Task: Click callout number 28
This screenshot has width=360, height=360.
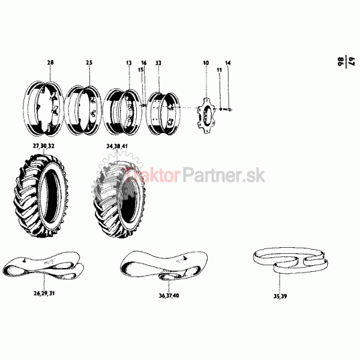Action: coord(50,62)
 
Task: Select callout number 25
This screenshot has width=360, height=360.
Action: coord(89,62)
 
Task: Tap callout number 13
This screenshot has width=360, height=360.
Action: coord(129,62)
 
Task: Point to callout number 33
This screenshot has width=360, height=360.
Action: coord(158,62)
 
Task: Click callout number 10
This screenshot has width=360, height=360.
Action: coord(206,62)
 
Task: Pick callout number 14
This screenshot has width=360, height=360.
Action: coord(228,62)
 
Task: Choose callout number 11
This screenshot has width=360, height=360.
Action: coord(220,70)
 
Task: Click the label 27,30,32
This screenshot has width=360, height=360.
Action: coord(44,146)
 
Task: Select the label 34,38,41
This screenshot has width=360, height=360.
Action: coord(117,146)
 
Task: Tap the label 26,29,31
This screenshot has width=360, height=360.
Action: coord(44,293)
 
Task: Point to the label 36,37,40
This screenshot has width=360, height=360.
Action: coord(169,295)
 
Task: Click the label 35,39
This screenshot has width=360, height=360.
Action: coord(280,296)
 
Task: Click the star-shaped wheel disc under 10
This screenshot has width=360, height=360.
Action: coord(206,115)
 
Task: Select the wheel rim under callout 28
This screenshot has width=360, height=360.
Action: coord(43,109)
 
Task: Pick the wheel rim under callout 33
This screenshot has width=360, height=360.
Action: coord(163,114)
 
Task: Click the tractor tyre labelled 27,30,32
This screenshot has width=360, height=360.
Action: coord(40,196)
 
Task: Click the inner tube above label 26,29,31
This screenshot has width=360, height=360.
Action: coord(44,264)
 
